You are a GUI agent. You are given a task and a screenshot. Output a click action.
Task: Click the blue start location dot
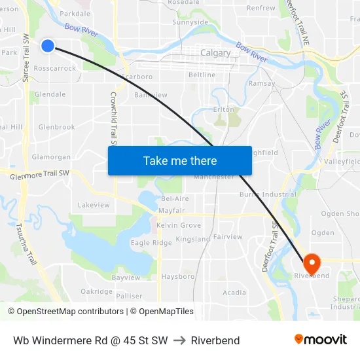pos(48,46)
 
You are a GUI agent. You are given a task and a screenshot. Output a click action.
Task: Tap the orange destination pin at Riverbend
pos(312,263)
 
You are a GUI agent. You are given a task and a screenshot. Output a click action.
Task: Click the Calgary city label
pos(215,53)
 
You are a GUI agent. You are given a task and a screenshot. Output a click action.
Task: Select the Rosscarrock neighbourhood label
pos(55,68)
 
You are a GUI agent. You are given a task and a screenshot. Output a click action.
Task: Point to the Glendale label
pos(50,94)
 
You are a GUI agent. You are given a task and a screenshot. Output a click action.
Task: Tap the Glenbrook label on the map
pos(56,127)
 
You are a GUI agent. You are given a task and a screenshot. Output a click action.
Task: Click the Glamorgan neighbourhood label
pos(51,157)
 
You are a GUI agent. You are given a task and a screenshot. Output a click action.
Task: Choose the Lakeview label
pos(94,205)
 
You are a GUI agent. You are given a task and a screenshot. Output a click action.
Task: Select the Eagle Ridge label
pos(151,243)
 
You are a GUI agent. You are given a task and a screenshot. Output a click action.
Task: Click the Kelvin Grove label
pos(179,225)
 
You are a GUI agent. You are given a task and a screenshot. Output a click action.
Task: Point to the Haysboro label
pos(178,277)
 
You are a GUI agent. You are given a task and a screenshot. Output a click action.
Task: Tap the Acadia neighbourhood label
pos(234,293)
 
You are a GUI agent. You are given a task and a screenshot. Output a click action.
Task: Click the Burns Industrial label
pos(268,194)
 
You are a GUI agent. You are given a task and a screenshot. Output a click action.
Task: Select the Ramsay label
pos(262,84)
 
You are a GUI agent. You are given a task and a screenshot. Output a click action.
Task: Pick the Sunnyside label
pos(190,22)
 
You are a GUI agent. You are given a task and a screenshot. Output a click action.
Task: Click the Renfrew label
pos(261,9)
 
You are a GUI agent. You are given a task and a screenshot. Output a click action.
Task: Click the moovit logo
pos(320,339)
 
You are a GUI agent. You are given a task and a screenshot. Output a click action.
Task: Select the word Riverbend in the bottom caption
pos(215,340)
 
